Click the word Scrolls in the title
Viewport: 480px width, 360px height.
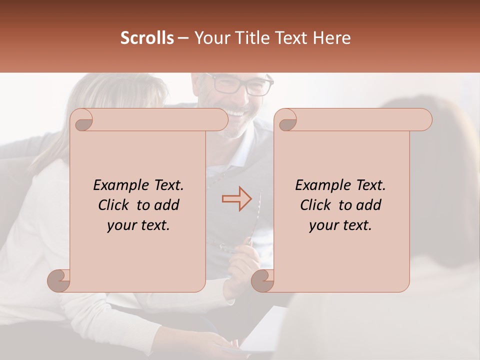[147, 38]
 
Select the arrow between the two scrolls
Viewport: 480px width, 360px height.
[237, 198]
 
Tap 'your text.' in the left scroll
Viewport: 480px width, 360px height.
[138, 225]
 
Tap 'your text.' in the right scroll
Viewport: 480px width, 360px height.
[340, 225]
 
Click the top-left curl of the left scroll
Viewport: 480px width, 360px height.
[81, 119]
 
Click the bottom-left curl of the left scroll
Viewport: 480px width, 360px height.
[59, 280]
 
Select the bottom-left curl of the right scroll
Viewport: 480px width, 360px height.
[263, 280]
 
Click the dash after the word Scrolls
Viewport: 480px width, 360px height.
[183, 38]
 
